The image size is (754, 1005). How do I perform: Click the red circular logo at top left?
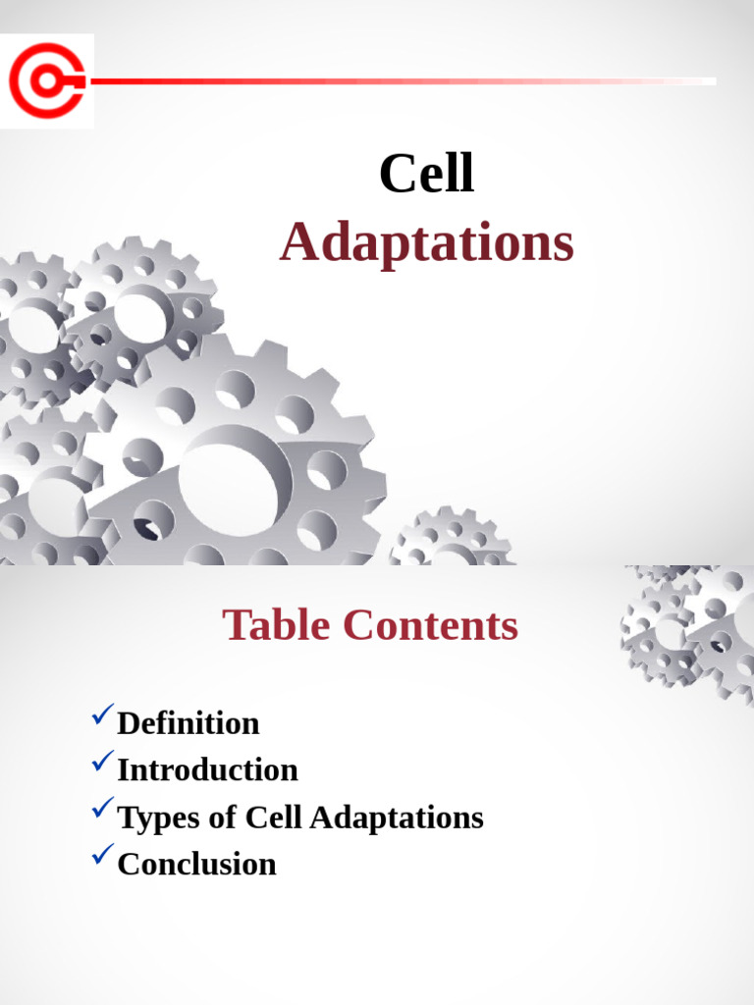click(46, 80)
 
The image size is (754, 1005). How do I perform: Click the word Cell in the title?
click(426, 176)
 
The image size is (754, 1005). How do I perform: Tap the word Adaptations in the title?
click(426, 243)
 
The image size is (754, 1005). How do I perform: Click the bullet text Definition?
click(188, 723)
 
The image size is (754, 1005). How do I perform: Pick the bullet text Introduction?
click(207, 770)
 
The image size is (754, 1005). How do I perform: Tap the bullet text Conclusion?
click(196, 865)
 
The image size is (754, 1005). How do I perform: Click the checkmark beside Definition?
click(102, 717)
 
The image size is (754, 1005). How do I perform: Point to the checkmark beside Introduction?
click(102, 761)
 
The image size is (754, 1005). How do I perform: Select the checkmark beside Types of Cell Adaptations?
click(102, 808)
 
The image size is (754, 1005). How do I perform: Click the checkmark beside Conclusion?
click(102, 855)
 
